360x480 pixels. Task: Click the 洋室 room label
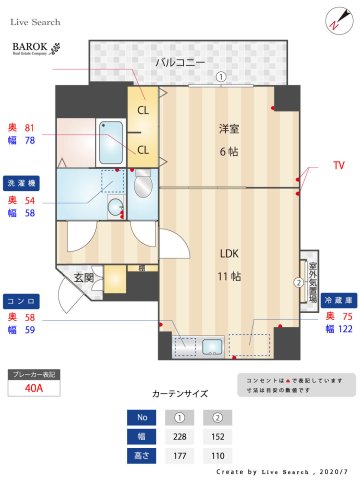point(229,128)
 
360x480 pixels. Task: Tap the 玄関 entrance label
point(83,277)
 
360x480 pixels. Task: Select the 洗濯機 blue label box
point(22,184)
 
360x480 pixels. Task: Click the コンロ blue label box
point(22,300)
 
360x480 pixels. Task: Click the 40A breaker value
point(33,389)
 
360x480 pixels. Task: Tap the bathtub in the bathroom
point(111,143)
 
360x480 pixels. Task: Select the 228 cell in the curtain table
point(181,436)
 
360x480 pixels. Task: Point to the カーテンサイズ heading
point(180,394)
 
